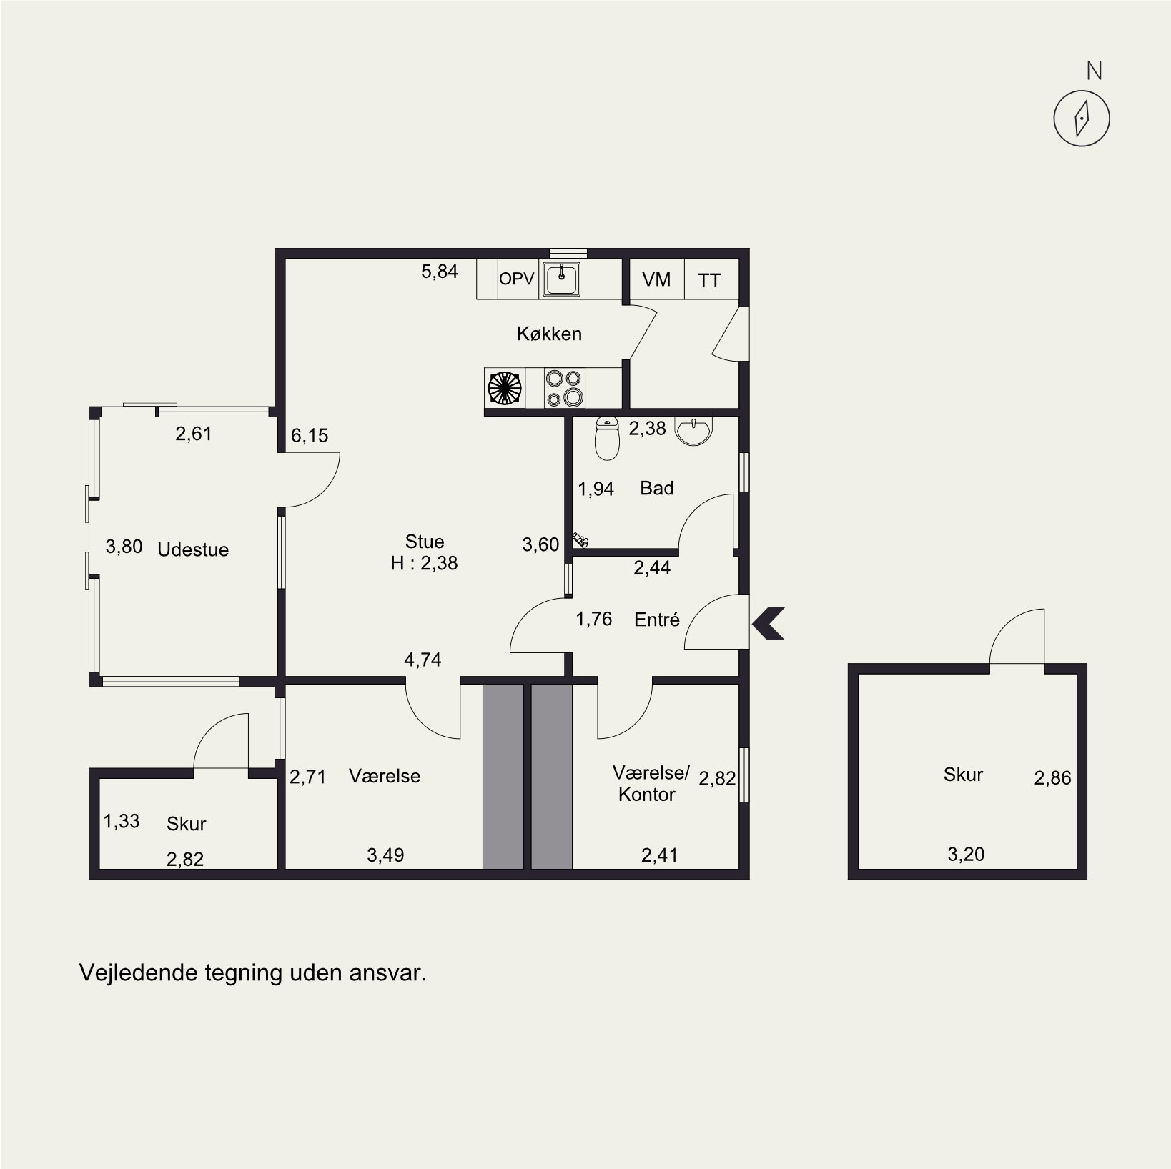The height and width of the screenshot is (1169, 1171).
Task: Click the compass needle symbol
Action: tap(1082, 118)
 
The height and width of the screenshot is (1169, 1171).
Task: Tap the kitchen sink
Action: tap(562, 279)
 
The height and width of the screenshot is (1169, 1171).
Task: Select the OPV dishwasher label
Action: tap(517, 279)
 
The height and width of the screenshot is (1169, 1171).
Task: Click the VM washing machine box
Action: tap(657, 279)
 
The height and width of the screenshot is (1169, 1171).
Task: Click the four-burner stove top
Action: tap(564, 388)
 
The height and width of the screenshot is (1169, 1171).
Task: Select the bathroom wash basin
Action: tap(694, 431)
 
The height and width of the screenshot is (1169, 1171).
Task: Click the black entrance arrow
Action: tap(769, 623)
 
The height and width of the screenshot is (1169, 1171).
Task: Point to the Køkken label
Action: tap(549, 334)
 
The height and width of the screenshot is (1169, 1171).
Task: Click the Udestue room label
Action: tap(193, 549)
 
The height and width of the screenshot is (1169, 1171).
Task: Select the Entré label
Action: tap(657, 620)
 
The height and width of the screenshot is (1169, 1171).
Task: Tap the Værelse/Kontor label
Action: tap(651, 783)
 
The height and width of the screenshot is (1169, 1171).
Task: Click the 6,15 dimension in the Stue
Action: tap(310, 436)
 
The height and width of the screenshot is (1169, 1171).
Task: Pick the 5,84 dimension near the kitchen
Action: tap(440, 272)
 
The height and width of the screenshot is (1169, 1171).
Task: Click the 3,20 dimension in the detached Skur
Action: tap(966, 854)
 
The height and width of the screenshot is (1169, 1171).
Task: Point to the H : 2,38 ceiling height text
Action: tap(425, 563)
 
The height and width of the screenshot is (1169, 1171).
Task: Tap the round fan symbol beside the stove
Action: tap(505, 388)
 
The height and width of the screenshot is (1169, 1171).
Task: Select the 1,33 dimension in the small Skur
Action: tap(122, 821)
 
